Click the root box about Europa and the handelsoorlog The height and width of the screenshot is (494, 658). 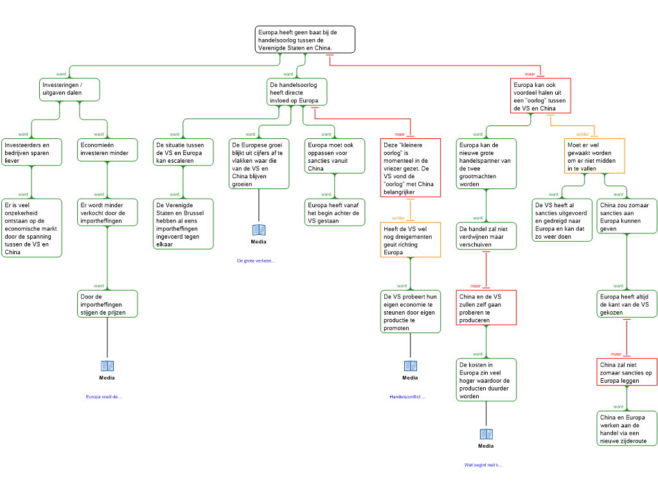[x=305, y=39]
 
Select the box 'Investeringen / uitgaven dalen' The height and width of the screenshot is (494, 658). [x=70, y=89]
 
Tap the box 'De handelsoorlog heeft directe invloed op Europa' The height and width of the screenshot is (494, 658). [x=296, y=92]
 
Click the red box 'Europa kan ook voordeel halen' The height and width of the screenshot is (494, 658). [x=543, y=96]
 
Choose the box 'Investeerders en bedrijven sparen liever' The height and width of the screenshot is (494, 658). [x=31, y=152]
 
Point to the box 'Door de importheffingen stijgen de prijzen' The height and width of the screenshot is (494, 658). [x=107, y=304]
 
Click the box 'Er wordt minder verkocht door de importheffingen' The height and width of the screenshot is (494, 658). [x=107, y=213]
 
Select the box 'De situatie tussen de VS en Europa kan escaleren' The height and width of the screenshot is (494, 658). [x=184, y=152]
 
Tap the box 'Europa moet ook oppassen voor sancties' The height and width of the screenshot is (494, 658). [x=334, y=156]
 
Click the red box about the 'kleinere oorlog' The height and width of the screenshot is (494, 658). [x=410, y=169]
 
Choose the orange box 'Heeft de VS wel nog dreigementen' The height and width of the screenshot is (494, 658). [x=410, y=240]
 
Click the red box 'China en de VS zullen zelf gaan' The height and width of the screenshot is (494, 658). [x=486, y=308]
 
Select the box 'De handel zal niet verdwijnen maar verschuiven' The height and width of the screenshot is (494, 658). [x=486, y=236]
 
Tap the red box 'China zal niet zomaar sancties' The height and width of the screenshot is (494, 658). [x=627, y=372]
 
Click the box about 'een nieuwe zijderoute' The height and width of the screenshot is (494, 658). [x=627, y=428]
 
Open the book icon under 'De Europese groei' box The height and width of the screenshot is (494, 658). [x=259, y=230]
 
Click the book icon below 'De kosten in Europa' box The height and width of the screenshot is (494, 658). [x=486, y=434]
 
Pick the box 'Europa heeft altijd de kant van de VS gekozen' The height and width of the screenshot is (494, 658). [x=627, y=304]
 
